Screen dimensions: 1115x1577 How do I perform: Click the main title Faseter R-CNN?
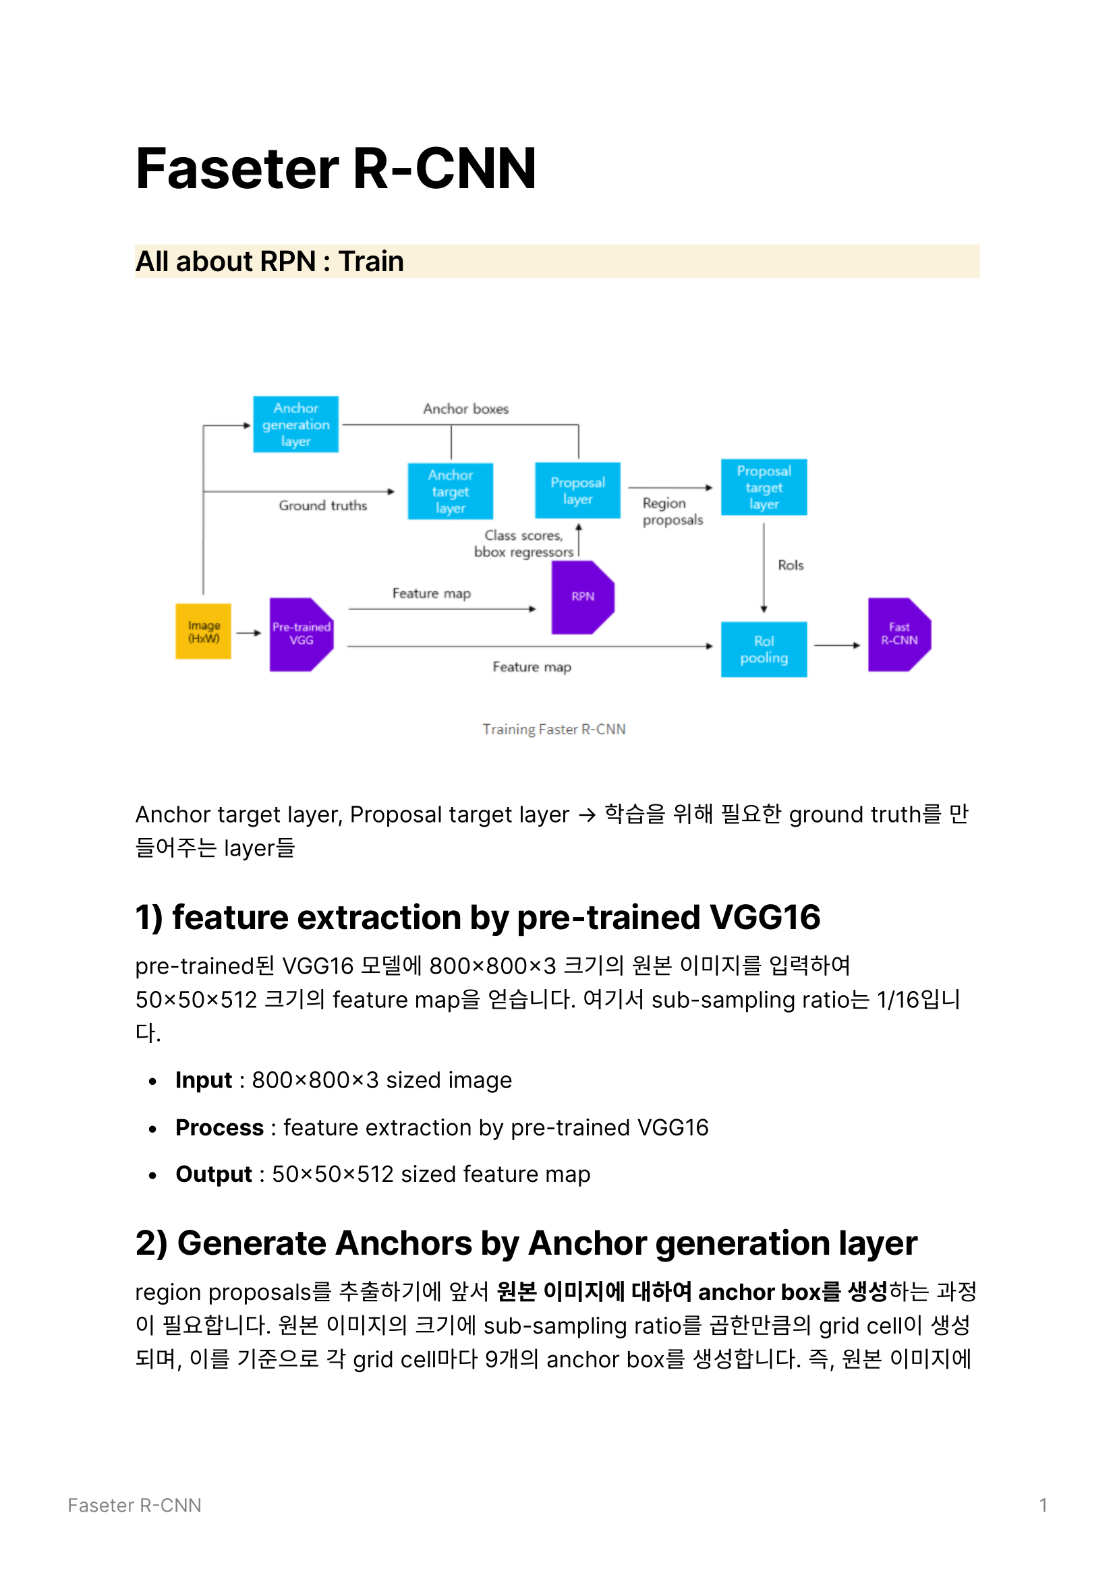(336, 169)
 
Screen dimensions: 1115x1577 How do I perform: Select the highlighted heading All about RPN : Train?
(269, 262)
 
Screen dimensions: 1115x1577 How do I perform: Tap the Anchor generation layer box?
(295, 425)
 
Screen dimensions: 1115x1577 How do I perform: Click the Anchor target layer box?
(450, 491)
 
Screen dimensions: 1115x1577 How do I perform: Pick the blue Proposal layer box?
(578, 490)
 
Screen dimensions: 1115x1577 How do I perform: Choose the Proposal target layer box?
(764, 487)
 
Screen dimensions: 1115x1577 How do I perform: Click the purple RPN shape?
(583, 597)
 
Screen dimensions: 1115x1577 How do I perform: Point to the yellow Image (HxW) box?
(203, 631)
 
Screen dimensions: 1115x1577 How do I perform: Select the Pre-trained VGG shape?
(302, 634)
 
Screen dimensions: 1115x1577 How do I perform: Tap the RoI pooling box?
(764, 649)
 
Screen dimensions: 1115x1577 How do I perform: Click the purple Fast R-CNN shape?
(899, 634)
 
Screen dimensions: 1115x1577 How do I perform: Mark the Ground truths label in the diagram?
(323, 506)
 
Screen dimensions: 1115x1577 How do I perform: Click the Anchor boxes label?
(466, 409)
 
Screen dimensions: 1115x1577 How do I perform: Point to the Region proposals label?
(673, 511)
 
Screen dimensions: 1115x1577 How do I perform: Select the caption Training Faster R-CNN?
(554, 729)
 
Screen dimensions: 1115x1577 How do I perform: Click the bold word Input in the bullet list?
(203, 1080)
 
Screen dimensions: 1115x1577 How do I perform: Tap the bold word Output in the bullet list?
(214, 1174)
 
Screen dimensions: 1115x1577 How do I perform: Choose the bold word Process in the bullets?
(219, 1128)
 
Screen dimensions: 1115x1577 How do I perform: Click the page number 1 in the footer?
(1043, 1506)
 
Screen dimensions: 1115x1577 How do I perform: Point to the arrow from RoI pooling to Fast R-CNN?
(837, 646)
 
